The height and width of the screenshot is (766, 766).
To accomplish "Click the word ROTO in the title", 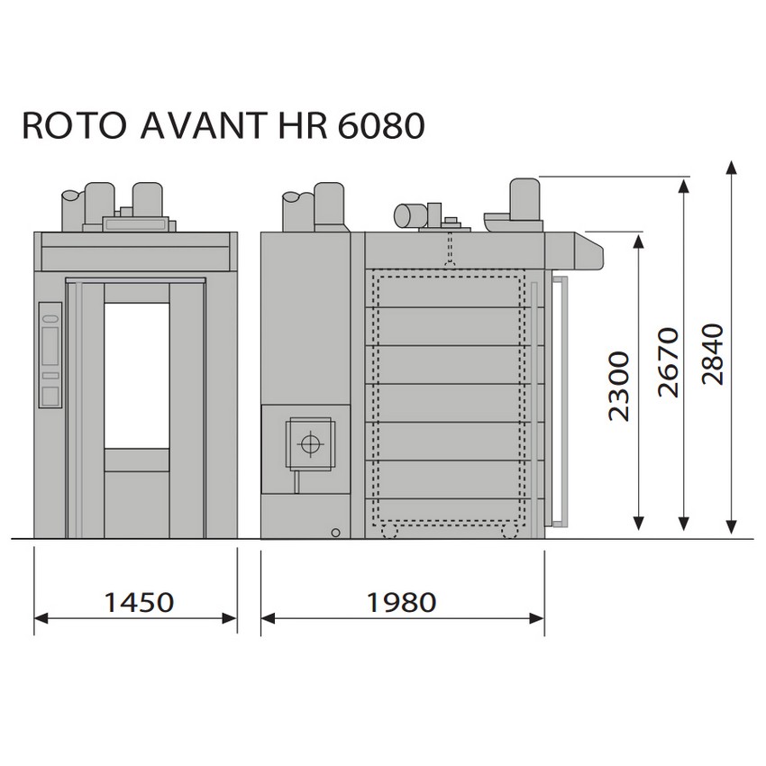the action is [x=74, y=126].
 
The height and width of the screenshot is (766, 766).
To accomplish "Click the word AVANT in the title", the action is [x=205, y=126].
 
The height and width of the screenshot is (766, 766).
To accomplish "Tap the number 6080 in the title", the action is [x=380, y=126].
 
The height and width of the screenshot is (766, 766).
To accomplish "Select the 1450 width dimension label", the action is [x=139, y=602].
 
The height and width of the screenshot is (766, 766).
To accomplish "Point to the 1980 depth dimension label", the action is [x=402, y=602].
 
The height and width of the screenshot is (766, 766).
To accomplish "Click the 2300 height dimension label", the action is [x=618, y=386].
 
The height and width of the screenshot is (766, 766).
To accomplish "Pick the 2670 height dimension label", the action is [x=669, y=362].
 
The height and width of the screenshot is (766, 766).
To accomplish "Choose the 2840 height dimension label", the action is [x=712, y=354].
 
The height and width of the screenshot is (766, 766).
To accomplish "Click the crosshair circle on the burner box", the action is [x=310, y=443].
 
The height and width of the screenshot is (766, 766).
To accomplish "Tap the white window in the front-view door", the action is [x=137, y=376].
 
